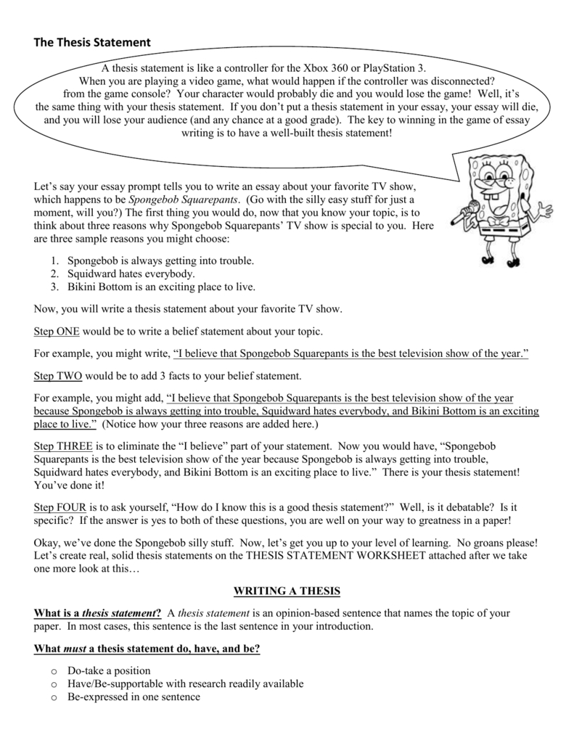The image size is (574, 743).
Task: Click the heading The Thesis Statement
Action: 92,44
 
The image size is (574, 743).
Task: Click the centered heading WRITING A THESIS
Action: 286,592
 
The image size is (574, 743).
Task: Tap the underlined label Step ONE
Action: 57,332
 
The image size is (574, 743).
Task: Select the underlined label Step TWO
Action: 57,376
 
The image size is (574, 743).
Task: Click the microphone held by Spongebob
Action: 462,216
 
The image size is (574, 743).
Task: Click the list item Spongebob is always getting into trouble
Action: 160,260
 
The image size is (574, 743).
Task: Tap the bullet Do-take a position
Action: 109,670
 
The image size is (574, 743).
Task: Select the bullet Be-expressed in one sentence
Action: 134,697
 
